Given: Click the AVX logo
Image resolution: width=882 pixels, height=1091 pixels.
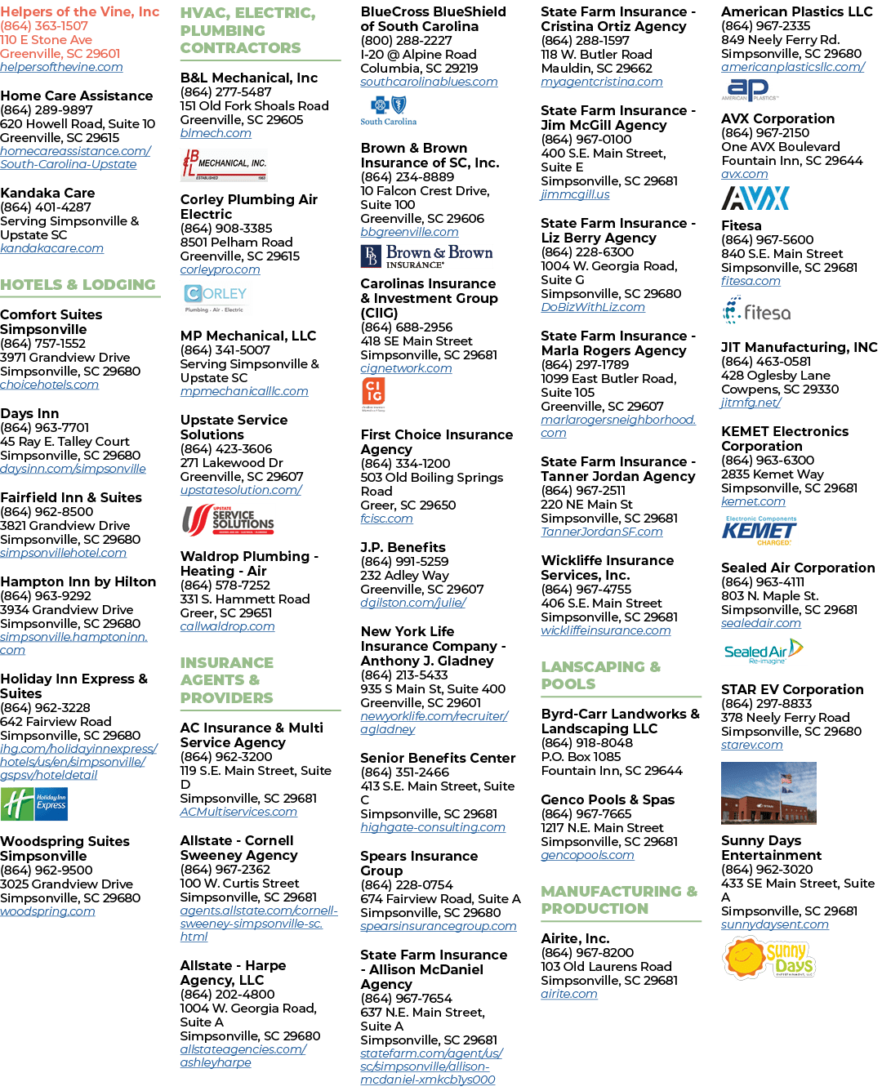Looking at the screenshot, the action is [x=755, y=198].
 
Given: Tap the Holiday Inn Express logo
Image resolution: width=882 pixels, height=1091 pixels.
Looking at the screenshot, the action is [x=33, y=804].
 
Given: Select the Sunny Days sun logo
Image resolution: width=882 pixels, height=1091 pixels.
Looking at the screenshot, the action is [x=768, y=958].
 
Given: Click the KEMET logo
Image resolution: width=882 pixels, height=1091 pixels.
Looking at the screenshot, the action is [x=759, y=530].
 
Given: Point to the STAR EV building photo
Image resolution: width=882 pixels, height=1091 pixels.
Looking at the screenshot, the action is [x=768, y=792].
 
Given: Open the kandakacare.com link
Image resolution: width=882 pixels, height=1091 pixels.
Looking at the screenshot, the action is [x=51, y=248].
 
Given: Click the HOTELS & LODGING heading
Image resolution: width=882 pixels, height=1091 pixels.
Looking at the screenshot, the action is [x=78, y=284].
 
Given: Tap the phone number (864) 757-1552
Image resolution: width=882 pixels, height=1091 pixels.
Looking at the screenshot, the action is [x=43, y=343].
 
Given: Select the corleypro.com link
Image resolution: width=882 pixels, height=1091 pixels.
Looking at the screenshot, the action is [x=220, y=270].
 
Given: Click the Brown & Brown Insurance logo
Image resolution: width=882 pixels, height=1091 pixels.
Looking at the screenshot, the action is [x=426, y=256].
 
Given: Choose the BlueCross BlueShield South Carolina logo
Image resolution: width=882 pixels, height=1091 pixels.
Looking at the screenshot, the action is [x=388, y=110].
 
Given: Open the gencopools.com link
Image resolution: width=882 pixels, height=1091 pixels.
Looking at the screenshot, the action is [x=587, y=855].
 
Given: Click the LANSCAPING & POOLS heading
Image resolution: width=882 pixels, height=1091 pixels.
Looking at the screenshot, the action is [x=601, y=675].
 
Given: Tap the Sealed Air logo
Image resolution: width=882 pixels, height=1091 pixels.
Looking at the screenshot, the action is [x=763, y=651].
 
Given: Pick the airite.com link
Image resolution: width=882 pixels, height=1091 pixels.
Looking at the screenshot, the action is [x=569, y=994].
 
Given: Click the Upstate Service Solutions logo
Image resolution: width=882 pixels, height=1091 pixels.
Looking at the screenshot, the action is [x=228, y=520].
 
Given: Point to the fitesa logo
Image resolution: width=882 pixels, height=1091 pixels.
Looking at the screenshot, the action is [x=756, y=309].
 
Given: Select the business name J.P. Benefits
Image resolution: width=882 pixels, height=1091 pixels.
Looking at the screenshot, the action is [x=403, y=547].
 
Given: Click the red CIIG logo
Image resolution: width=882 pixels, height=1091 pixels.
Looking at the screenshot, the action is [x=373, y=394].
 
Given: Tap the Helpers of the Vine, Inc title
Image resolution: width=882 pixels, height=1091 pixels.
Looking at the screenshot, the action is [x=80, y=11].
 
